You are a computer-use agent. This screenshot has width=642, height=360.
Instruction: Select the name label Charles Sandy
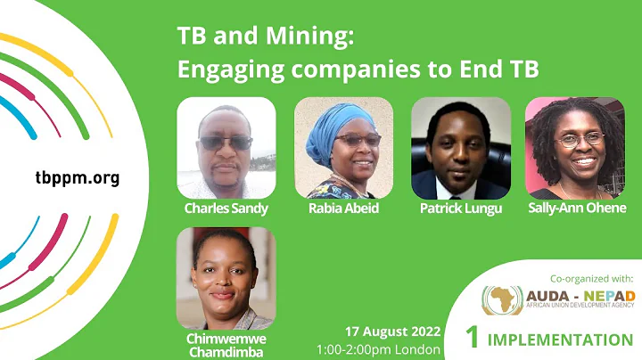click(x=226, y=209)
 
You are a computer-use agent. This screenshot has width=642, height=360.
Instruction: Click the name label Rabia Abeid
click(x=344, y=209)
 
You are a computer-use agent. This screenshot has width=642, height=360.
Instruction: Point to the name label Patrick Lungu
click(x=461, y=209)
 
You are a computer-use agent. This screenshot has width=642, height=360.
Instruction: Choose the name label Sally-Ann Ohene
click(x=577, y=209)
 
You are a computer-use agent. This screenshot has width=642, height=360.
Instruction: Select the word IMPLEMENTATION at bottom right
click(x=561, y=340)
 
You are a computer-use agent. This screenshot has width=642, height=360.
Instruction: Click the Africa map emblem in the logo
click(x=502, y=300)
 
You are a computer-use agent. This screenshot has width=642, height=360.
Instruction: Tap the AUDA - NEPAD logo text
click(x=579, y=295)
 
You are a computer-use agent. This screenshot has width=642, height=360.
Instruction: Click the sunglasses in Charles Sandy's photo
click(x=225, y=143)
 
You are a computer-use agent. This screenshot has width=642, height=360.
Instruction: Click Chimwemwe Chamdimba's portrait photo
click(x=226, y=278)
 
